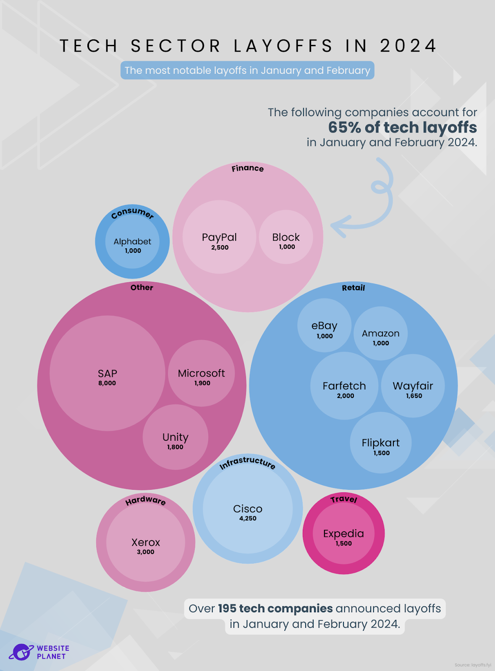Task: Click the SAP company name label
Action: [107, 373]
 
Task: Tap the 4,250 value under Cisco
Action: [248, 518]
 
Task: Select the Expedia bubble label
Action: [343, 533]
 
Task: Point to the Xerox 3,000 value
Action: [145, 552]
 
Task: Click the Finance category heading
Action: [248, 168]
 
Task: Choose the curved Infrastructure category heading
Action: [248, 462]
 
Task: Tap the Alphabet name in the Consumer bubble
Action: [132, 242]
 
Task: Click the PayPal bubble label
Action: [219, 237]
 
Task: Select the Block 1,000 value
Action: [287, 247]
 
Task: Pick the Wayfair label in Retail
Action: [413, 386]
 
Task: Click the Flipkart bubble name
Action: [381, 443]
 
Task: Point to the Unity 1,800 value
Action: [175, 447]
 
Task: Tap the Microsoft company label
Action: [201, 373]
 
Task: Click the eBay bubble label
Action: [324, 326]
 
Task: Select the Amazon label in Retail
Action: [380, 333]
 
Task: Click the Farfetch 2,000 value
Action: [345, 396]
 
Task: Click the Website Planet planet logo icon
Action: [21, 652]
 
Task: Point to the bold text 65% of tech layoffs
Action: [402, 127]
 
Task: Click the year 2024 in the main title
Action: [408, 46]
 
